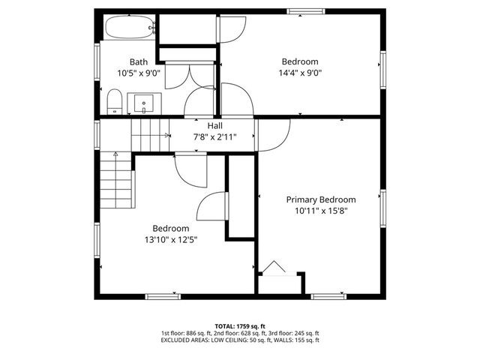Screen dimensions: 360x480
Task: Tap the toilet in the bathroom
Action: pos(115,101)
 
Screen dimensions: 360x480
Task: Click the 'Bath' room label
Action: pos(138,62)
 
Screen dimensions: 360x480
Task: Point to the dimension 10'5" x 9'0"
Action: pos(138,73)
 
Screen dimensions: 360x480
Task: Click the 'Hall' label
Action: pos(214,126)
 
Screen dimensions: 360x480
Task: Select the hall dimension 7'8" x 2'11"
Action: pos(214,137)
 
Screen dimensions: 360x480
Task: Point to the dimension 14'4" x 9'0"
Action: pos(300,73)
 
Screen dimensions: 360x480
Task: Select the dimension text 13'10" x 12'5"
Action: pos(171,240)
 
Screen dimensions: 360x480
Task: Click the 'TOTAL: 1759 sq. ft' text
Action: pos(240,326)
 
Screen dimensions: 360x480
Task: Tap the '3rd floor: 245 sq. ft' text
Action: pos(293,333)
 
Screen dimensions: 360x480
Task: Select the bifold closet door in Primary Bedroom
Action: pos(273,268)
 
